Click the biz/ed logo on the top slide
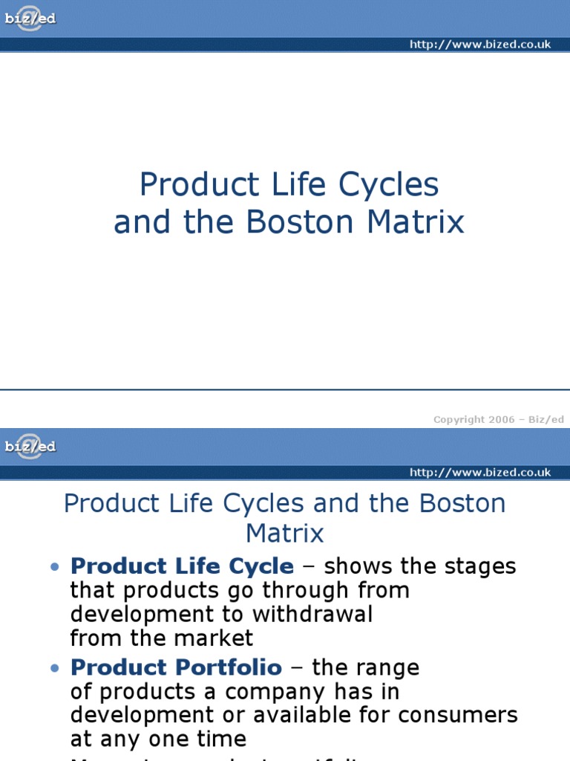pyautogui.click(x=29, y=19)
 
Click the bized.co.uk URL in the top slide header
pyautogui.click(x=480, y=45)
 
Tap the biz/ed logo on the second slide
pyautogui.click(x=29, y=447)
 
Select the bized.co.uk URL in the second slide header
pyautogui.click(x=480, y=473)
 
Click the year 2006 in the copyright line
pyautogui.click(x=501, y=419)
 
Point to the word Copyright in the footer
pyautogui.click(x=459, y=419)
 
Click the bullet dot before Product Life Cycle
pyautogui.click(x=54, y=567)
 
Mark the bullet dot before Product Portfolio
pyautogui.click(x=54, y=668)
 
